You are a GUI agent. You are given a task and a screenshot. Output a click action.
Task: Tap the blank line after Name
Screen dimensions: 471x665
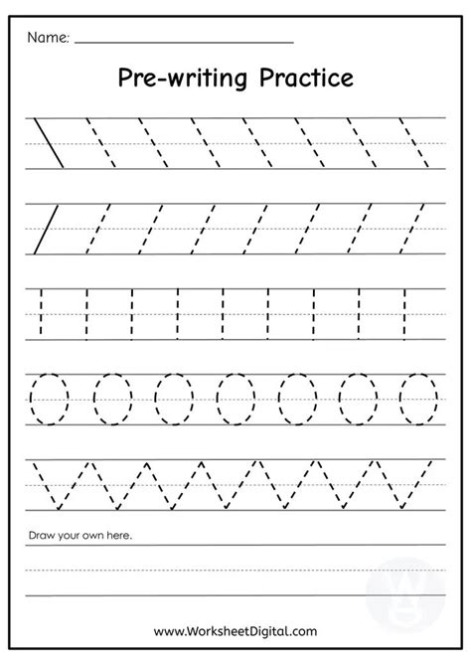[x=184, y=43]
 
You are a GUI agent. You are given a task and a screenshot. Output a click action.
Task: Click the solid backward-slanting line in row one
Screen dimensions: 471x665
[x=49, y=142]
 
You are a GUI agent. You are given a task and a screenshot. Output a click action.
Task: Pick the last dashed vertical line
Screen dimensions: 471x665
[x=404, y=312]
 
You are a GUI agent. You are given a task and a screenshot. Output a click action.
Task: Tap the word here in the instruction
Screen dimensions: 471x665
[x=118, y=537]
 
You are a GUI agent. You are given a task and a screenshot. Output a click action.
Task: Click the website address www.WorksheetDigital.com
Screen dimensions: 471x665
[x=235, y=629]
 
